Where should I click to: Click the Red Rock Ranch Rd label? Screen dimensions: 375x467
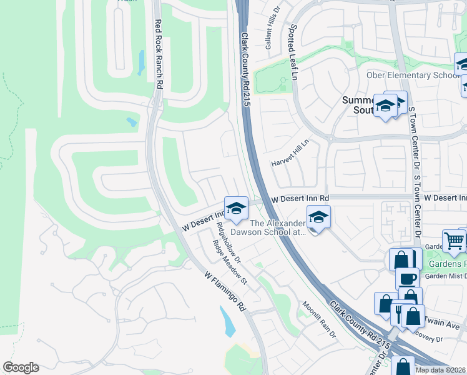tap(159, 54)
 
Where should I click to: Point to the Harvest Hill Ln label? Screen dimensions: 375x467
tap(290, 153)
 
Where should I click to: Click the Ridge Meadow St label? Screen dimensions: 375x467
tap(231, 263)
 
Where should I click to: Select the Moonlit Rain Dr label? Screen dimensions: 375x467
tap(320, 320)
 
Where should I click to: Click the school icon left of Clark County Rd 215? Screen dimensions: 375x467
tap(236, 210)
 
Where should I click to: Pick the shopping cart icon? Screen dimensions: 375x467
tap(454, 240)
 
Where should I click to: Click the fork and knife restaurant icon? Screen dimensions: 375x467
tap(400, 312)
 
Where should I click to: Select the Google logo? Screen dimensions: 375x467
tap(21, 367)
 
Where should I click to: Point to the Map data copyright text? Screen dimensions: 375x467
tap(441, 370)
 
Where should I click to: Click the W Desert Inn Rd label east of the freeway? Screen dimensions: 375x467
tap(300, 199)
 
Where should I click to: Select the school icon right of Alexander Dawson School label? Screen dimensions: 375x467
tap(318, 217)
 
